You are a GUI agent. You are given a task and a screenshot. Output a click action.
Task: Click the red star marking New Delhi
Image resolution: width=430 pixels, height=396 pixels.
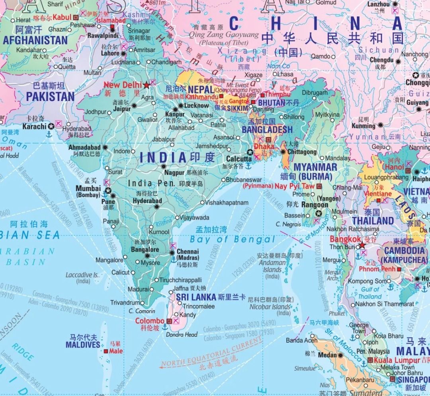pos(147,85)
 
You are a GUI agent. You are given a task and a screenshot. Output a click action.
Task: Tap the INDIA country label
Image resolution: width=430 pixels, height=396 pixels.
pos(163,157)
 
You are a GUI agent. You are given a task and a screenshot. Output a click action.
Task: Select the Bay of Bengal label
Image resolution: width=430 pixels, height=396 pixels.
pos(232,239)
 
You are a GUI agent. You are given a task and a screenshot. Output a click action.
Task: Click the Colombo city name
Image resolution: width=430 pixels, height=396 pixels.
pos(149,321)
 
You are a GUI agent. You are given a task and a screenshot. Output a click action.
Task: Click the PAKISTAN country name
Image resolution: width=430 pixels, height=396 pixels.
pos(50,97)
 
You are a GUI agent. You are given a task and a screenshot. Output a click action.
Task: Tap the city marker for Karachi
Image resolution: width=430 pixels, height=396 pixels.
pos(51,126)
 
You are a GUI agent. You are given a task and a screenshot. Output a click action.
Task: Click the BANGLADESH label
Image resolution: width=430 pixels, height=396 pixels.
pos(267,130)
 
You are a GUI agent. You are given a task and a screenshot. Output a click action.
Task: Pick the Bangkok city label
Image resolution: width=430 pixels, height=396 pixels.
pos(345,239)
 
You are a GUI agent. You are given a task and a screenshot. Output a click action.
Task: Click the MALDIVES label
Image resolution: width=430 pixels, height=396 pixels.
pos(83,345)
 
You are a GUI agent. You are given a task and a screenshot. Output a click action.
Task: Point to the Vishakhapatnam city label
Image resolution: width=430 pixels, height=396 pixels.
pos(227,203)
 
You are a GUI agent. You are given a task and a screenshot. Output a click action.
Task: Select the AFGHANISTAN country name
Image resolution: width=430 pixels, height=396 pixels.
pos(35,40)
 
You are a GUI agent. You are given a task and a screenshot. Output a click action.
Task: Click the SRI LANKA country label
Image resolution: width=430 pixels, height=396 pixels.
pos(196,297)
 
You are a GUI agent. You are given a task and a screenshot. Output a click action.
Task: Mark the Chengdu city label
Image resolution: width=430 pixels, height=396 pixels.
pos(381,60)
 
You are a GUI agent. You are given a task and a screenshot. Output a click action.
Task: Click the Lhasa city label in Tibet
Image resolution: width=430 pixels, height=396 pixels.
pos(286,74)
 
